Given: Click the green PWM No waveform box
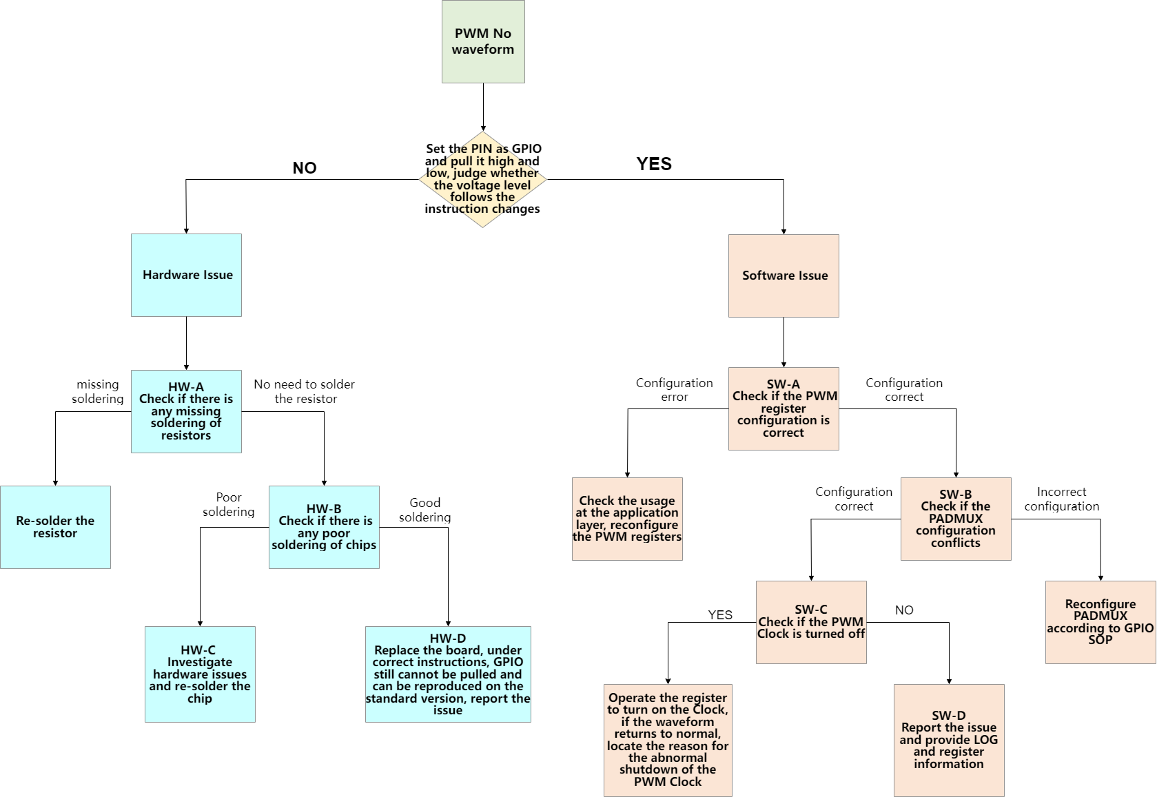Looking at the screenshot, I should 483,41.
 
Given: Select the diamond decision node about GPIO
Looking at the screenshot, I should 482,179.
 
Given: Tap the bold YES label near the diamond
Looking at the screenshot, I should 654,164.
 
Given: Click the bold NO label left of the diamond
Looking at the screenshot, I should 305,168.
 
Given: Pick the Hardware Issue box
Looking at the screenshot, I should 186,275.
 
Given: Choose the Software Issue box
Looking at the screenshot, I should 784,276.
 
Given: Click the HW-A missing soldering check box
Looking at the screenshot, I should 186,411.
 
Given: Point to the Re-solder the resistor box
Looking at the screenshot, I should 55,527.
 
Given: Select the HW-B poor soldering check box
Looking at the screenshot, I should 324,527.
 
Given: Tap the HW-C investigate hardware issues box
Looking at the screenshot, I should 200,674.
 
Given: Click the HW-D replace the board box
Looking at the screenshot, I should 448,674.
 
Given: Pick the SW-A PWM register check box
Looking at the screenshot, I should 784,408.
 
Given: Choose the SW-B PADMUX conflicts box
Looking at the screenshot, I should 956,519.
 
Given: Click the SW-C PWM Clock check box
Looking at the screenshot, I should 811,622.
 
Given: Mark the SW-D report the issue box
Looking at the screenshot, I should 949,740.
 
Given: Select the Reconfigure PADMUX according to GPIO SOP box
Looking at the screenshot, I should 1100,622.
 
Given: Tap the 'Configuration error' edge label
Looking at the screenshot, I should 674,390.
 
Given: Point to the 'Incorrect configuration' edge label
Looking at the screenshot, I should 1061,499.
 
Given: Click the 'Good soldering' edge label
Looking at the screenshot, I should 424,510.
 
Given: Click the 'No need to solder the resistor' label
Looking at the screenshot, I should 305,391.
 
